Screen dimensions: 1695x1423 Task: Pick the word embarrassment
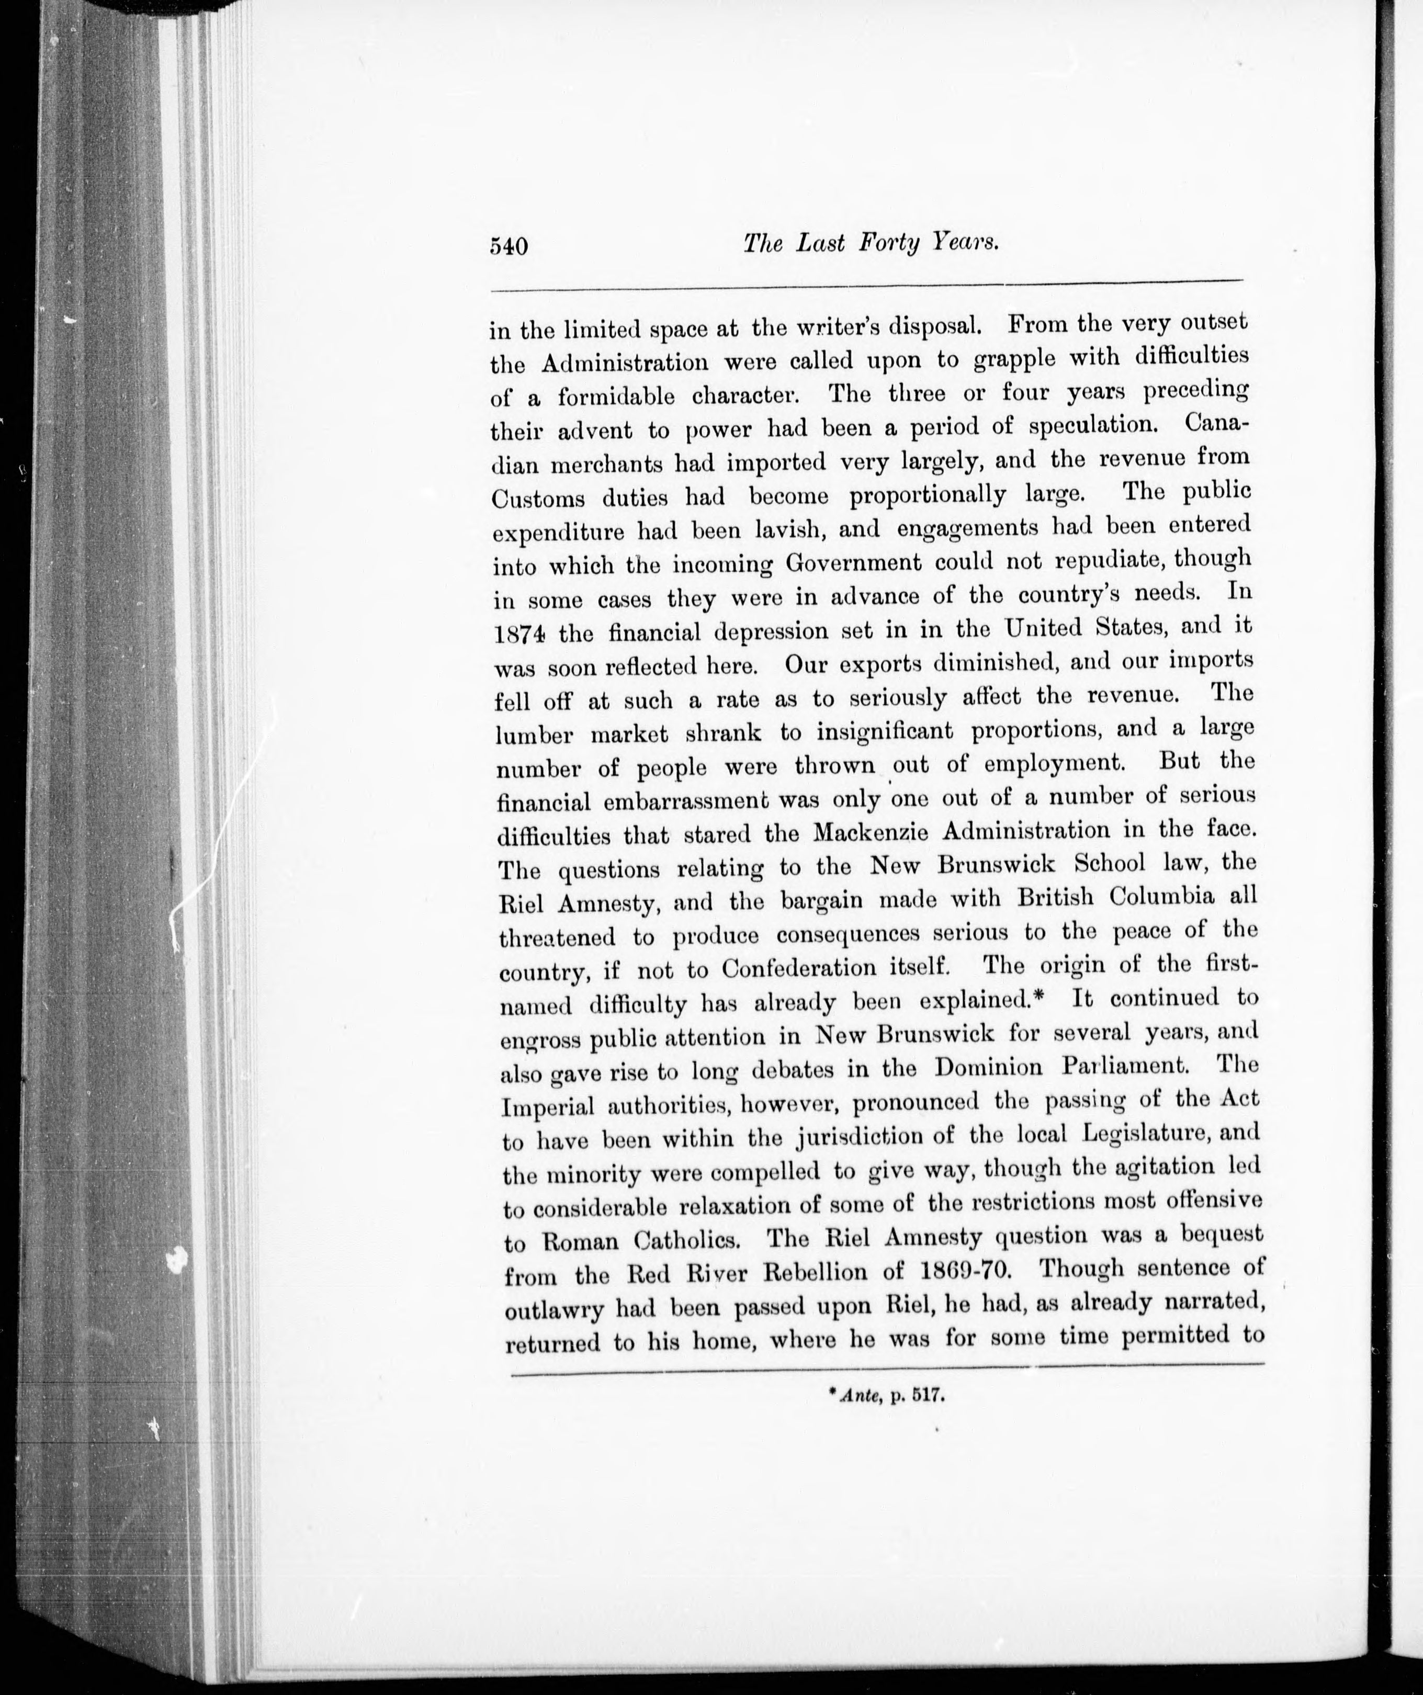[658, 801]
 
